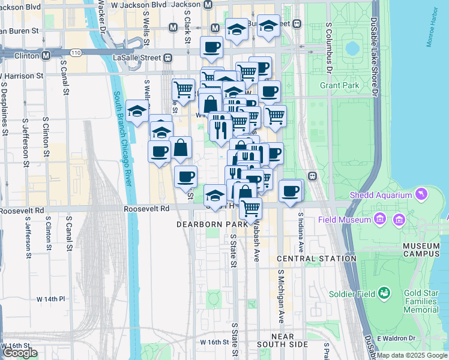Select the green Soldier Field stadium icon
[x=384, y=293]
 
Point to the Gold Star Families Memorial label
[x=421, y=301]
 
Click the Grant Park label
[x=339, y=86]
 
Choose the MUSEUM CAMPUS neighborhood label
[x=421, y=251]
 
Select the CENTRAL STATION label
[x=317, y=259]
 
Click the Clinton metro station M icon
[x=46, y=56]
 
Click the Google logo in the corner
[x=19, y=353]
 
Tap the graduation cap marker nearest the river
[x=137, y=111]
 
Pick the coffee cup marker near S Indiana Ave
[x=290, y=191]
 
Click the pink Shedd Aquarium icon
[x=422, y=194]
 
